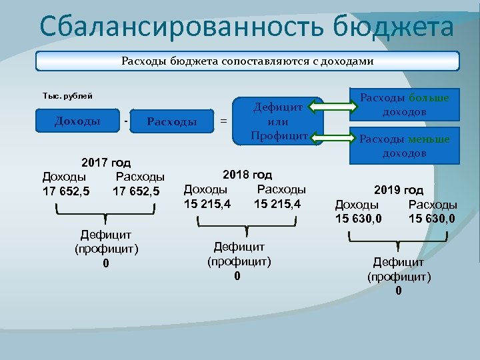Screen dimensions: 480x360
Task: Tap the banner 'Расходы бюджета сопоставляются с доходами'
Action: pos(247,61)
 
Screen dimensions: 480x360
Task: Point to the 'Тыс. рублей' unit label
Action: pos(67,96)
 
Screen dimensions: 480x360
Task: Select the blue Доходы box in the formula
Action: pos(77,121)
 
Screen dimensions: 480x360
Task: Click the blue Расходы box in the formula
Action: pos(171,121)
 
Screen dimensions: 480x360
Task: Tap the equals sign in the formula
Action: pos(223,121)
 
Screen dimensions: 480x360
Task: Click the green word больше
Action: pos(429,98)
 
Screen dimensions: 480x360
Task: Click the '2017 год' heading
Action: pos(105,163)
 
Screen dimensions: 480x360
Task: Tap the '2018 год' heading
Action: pos(247,175)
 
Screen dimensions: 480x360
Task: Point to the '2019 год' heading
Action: pos(398,190)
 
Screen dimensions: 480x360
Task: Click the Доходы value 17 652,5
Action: pos(65,191)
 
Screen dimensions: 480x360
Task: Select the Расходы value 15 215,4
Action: pos(277,203)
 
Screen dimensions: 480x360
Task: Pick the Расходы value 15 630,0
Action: pos(431,218)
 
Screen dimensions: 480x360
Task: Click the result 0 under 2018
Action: pos(237,276)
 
